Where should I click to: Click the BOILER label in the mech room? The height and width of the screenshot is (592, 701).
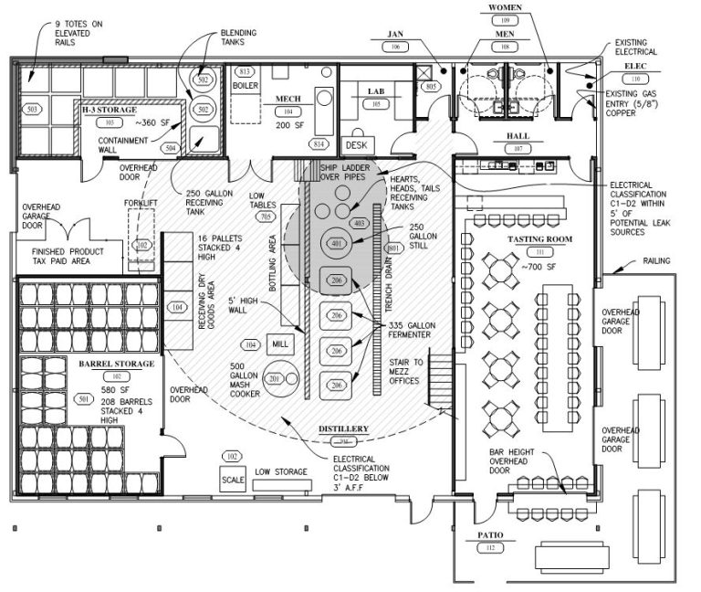pyautogui.click(x=245, y=85)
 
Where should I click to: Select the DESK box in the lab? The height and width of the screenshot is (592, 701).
pyautogui.click(x=353, y=144)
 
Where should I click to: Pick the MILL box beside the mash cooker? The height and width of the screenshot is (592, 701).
pyautogui.click(x=278, y=344)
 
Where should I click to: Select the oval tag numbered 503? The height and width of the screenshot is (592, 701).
pyautogui.click(x=33, y=110)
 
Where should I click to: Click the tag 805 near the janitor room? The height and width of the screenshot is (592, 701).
pyautogui.click(x=430, y=86)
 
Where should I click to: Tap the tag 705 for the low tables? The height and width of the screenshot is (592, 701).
pyautogui.click(x=266, y=217)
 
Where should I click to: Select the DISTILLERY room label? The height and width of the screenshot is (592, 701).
pyautogui.click(x=343, y=428)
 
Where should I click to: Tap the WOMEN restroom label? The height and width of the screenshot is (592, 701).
pyautogui.click(x=505, y=7)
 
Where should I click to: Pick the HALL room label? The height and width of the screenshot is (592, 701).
pyautogui.click(x=518, y=136)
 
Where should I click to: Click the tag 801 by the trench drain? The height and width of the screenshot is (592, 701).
pyautogui.click(x=394, y=248)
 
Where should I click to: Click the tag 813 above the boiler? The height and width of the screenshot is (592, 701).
pyautogui.click(x=244, y=71)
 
